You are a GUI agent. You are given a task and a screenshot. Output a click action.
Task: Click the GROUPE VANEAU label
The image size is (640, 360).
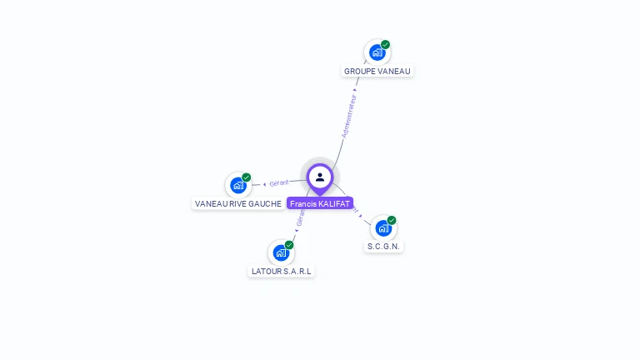tap(377, 71)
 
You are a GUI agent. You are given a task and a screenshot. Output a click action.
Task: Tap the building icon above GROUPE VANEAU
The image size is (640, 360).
tap(377, 52)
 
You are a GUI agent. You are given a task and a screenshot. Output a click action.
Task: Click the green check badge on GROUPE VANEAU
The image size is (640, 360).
tap(385, 45)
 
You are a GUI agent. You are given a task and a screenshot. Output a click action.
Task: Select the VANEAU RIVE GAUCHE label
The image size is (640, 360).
tap(237, 203)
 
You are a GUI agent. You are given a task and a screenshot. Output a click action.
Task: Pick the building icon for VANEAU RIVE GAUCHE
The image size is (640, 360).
tap(238, 185)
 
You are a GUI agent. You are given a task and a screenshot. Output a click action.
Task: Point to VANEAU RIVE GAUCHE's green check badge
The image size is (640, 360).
tap(247, 177)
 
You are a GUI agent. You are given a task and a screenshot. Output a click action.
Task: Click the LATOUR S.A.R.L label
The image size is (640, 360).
tap(281, 271)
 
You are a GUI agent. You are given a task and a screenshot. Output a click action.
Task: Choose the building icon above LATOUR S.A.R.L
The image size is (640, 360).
tap(281, 252)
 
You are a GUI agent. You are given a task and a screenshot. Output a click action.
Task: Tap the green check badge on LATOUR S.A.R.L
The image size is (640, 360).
tap(289, 245)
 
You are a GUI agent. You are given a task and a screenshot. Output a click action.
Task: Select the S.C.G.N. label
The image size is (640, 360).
tap(383, 247)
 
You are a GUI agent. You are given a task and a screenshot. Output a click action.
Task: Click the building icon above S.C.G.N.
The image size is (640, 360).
tap(383, 228)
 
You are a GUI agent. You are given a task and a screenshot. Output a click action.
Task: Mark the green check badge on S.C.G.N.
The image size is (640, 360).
tap(392, 221)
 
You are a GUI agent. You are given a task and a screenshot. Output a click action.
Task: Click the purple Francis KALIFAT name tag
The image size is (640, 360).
tap(320, 203)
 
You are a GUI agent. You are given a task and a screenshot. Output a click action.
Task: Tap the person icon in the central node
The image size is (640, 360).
tap(320, 177)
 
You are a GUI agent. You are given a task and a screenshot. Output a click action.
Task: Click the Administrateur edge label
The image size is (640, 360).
tap(349, 115)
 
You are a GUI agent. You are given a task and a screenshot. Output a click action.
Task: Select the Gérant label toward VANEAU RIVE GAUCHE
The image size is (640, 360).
tap(279, 182)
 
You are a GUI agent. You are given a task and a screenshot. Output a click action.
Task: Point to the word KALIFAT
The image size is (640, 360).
tap(334, 203)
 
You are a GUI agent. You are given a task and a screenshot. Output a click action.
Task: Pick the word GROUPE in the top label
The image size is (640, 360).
tap(359, 71)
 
